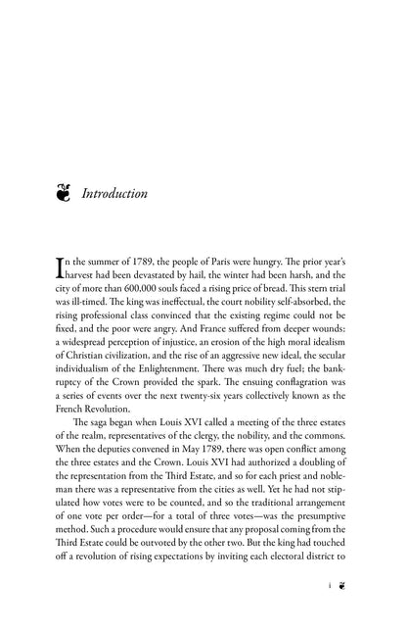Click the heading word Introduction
114,194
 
